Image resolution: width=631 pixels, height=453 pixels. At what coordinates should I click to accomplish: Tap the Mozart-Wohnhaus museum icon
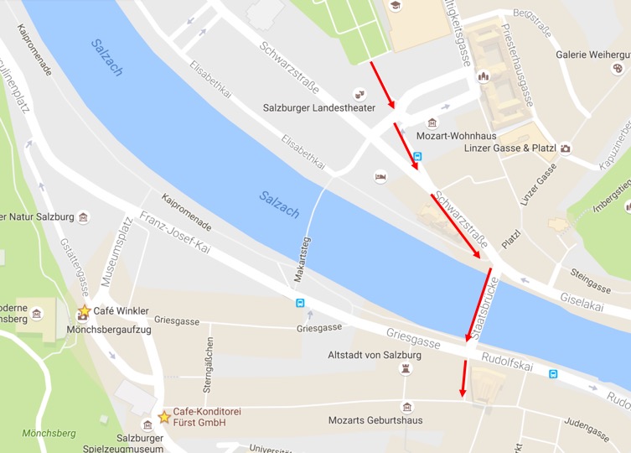tap(432, 122)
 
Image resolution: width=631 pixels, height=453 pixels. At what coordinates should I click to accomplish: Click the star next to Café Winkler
tap(84, 311)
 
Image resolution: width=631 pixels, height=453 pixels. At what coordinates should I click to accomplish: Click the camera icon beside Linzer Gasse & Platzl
tap(566, 148)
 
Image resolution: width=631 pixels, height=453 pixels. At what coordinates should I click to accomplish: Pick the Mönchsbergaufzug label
tap(108, 330)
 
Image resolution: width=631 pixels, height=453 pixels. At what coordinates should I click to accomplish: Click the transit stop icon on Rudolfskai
tap(552, 373)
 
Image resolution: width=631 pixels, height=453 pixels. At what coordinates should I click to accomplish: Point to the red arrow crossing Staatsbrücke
tap(478, 305)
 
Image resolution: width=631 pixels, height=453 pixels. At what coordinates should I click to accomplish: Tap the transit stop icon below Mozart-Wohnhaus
tap(417, 156)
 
